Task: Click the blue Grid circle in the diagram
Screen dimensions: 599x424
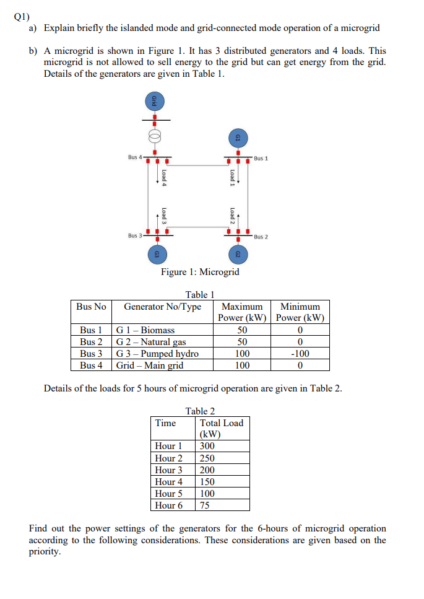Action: (x=155, y=102)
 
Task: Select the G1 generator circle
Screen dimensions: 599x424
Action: (x=237, y=138)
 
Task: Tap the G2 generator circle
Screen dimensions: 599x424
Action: (x=237, y=255)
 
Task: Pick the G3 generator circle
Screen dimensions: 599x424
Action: (x=157, y=255)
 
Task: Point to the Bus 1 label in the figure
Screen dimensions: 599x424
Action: (x=261, y=159)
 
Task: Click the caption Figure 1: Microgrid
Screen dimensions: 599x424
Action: (x=200, y=272)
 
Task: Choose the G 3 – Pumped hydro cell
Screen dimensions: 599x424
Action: (x=158, y=354)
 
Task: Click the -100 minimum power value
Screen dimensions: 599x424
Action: (x=300, y=354)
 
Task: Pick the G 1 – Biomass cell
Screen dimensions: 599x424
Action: (x=146, y=330)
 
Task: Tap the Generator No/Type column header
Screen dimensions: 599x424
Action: (x=162, y=307)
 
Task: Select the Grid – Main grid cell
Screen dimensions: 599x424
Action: (x=150, y=365)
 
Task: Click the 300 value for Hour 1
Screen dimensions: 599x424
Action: (x=207, y=446)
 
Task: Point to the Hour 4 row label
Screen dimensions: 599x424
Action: (x=169, y=481)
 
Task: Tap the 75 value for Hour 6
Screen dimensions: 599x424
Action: (x=205, y=505)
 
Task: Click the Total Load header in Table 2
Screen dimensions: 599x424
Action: (x=221, y=423)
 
